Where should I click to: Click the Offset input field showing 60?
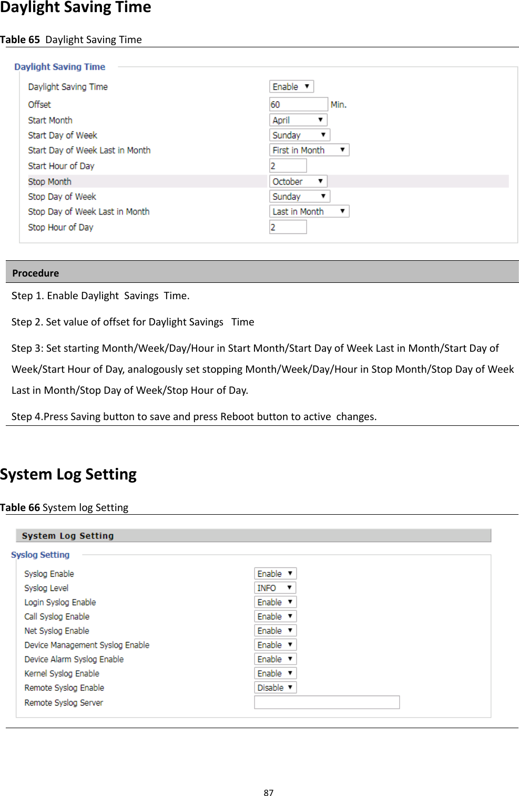298,104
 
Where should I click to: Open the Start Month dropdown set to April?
298,120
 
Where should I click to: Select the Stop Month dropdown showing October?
298,181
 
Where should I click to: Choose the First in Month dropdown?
309,150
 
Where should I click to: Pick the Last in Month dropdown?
309,211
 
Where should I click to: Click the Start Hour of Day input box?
288,166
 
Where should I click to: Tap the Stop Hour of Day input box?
288,227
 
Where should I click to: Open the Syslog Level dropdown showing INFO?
275,588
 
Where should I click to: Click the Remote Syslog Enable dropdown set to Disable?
275,687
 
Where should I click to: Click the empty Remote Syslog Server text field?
327,702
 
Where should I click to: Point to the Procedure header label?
36,273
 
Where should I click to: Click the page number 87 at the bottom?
269,792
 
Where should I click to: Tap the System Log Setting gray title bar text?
68,536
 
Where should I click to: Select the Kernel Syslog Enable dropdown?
275,673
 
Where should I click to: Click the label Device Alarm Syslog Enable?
74,659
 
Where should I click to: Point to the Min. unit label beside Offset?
339,105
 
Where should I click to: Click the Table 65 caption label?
20,39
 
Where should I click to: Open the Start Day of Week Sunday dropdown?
300,135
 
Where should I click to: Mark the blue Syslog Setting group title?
40,555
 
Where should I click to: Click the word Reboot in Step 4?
238,416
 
